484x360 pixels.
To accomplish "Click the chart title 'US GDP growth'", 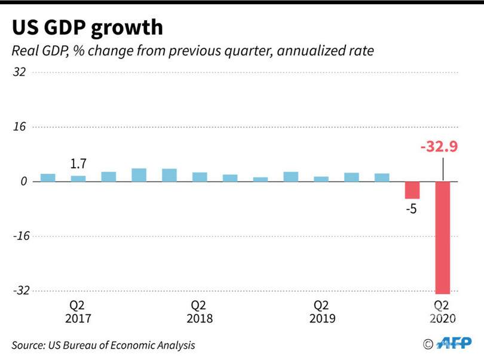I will (x=87, y=27).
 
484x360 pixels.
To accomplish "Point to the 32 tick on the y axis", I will (x=19, y=72).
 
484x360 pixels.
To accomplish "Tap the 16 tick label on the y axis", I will (x=19, y=127).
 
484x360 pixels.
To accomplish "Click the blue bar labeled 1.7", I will (x=78, y=178).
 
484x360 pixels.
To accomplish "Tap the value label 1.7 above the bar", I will (x=78, y=164).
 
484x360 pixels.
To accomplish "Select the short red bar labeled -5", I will (x=412, y=190).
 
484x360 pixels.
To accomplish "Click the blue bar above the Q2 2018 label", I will (x=200, y=177).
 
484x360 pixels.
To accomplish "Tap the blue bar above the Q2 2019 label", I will (x=321, y=179).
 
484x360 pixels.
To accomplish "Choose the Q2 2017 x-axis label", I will (x=78, y=312).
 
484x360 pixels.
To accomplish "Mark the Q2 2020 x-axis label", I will (x=442, y=312).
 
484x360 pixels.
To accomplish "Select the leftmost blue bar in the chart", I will (x=48, y=177).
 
